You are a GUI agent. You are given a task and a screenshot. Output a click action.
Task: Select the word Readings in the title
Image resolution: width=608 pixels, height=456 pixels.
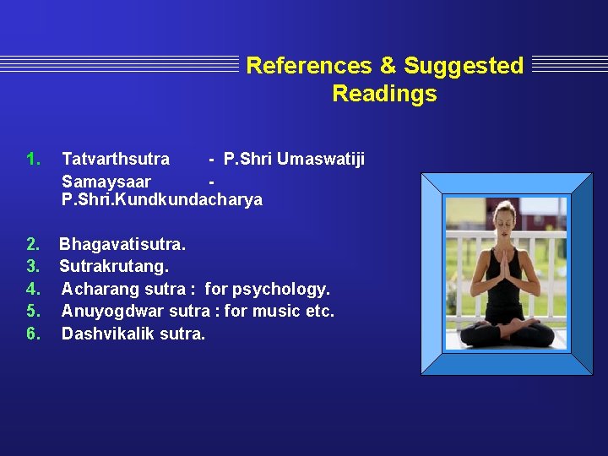click(x=384, y=94)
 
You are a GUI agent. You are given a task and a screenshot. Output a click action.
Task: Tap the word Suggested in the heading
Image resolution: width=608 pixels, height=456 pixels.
click(x=464, y=66)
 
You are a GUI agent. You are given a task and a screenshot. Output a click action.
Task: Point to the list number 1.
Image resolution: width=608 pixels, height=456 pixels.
click(x=33, y=159)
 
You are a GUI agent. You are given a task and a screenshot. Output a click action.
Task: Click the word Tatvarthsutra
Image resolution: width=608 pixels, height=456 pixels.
click(x=116, y=159)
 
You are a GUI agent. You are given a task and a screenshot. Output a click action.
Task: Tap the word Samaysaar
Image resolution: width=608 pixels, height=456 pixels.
click(x=106, y=182)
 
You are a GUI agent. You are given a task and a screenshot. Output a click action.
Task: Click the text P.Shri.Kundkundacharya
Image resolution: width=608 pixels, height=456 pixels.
click(x=162, y=200)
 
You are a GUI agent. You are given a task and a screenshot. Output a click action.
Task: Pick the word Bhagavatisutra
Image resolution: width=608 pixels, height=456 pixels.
click(x=122, y=245)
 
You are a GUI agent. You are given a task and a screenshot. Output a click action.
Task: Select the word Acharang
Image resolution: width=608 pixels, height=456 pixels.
click(x=100, y=289)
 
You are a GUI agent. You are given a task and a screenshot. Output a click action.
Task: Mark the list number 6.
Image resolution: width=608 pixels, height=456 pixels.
click(x=33, y=333)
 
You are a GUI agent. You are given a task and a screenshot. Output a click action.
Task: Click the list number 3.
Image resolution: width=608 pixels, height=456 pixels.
click(x=33, y=267)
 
